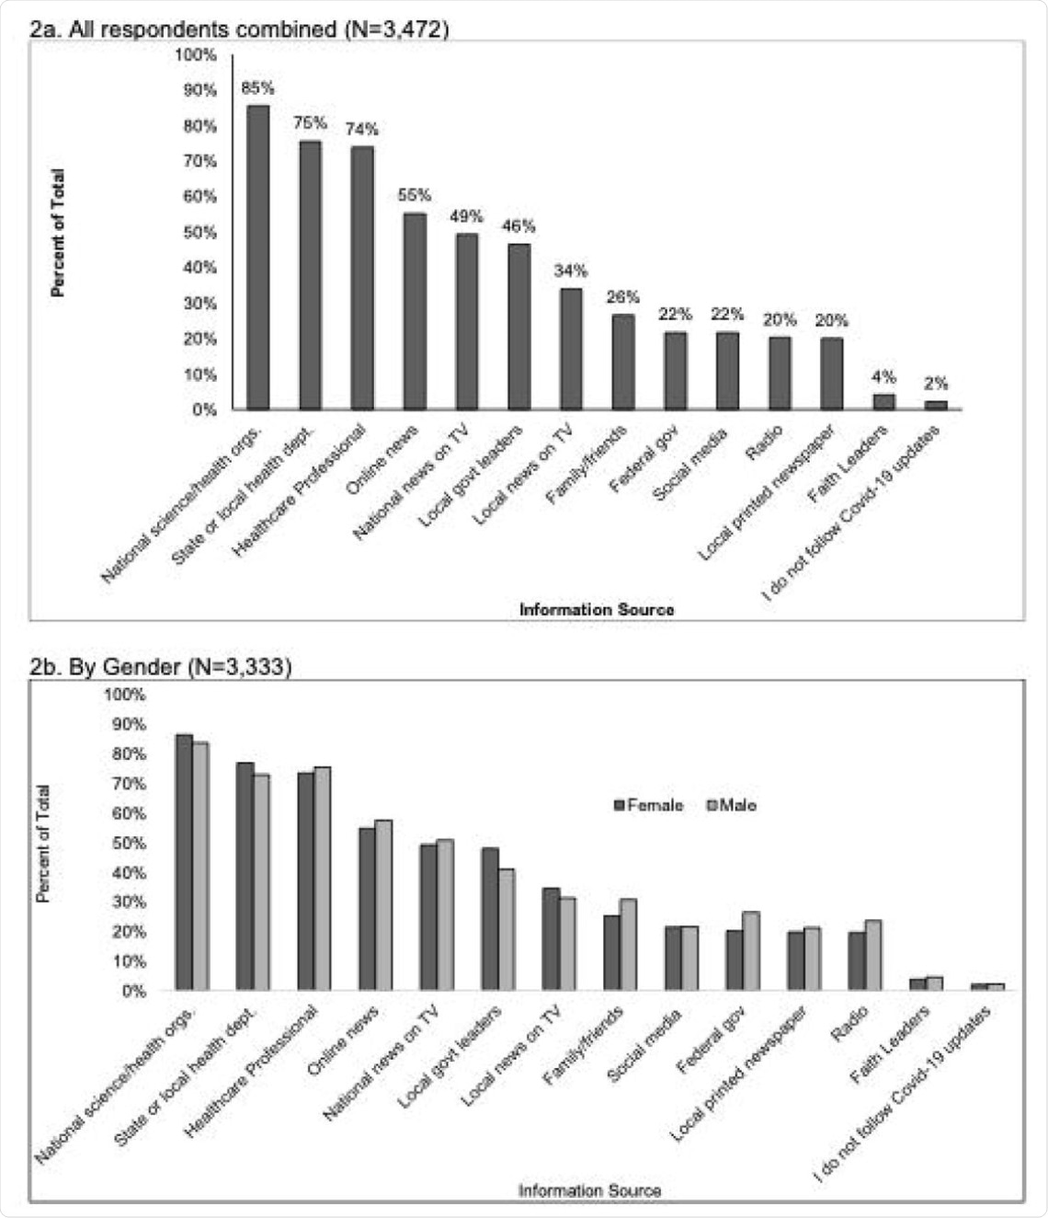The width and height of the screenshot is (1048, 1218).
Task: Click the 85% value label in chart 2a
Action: click(257, 88)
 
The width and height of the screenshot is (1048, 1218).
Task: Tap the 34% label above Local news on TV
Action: click(570, 271)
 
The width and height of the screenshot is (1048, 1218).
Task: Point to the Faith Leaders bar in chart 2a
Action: click(883, 402)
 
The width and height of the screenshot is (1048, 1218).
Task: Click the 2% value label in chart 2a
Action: click(936, 384)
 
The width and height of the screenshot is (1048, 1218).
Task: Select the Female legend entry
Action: click(649, 806)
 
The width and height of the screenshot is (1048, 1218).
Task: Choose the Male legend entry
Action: click(732, 806)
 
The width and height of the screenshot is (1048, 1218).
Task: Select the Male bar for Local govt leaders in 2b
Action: click(507, 929)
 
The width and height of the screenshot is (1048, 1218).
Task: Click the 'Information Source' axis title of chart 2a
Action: click(596, 609)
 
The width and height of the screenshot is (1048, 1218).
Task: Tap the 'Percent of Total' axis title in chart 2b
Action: click(43, 843)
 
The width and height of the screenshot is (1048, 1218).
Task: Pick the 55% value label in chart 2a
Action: click(415, 195)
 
